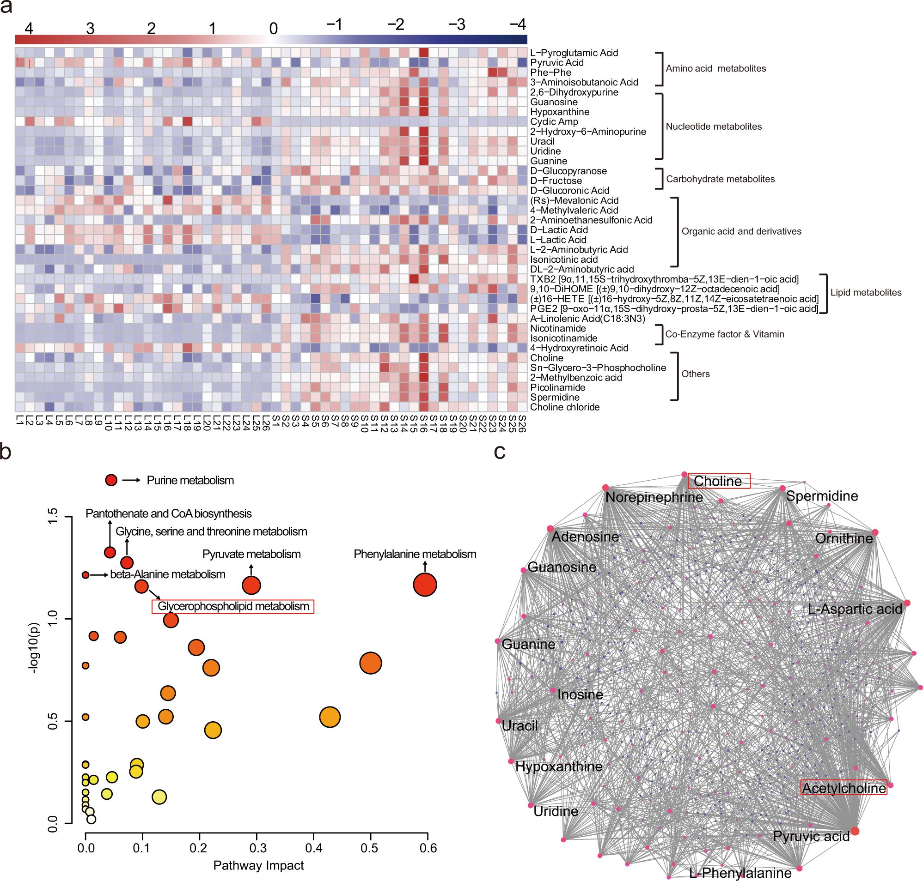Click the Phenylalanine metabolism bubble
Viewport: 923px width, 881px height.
click(x=425, y=585)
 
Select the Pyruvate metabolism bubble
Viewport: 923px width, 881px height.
click(x=251, y=585)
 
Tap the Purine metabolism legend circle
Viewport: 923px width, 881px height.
click(x=111, y=480)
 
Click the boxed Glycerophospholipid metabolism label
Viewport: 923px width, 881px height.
click(x=233, y=606)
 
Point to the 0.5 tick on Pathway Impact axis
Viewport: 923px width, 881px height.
click(x=370, y=848)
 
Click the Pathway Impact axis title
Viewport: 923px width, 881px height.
click(x=258, y=865)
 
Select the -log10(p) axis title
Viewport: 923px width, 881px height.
click(x=33, y=648)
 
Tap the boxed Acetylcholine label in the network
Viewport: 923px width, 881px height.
click(x=844, y=788)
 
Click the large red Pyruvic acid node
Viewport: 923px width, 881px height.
click(x=855, y=831)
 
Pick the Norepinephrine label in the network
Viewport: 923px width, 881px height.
click(x=654, y=497)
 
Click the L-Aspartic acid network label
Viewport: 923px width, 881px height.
click(x=855, y=609)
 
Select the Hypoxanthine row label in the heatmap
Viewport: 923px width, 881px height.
click(x=559, y=112)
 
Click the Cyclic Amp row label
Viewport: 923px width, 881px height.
click(x=554, y=121)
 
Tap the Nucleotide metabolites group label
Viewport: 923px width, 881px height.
click(x=714, y=127)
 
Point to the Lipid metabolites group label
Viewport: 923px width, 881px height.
click(x=866, y=293)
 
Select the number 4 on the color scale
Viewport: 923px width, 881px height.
click(x=29, y=28)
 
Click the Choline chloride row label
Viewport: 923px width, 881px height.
click(x=565, y=407)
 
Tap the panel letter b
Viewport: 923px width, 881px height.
click(x=6, y=452)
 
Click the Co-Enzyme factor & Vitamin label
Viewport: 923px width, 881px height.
click(x=724, y=334)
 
